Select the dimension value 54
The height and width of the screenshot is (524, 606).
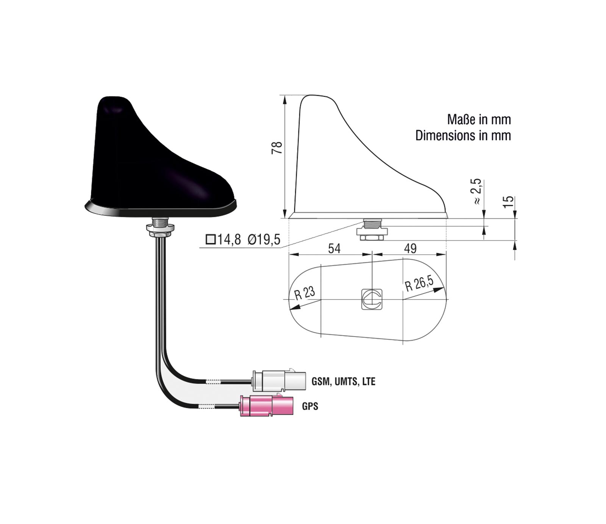point(334,248)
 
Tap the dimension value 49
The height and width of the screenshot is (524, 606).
point(410,248)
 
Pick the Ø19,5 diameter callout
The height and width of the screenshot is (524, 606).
point(264,239)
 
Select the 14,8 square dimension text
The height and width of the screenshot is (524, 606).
point(229,239)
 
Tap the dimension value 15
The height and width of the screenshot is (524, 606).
point(509,201)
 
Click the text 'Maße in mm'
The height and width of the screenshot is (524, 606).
point(479,120)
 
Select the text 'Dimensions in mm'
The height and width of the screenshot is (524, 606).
point(463,136)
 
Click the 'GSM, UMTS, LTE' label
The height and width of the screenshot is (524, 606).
point(344,381)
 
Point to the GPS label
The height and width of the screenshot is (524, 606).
point(310,406)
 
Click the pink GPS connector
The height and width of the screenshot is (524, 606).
point(267,405)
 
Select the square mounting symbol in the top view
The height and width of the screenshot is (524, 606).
point(372,299)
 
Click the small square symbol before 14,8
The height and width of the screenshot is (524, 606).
point(210,239)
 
